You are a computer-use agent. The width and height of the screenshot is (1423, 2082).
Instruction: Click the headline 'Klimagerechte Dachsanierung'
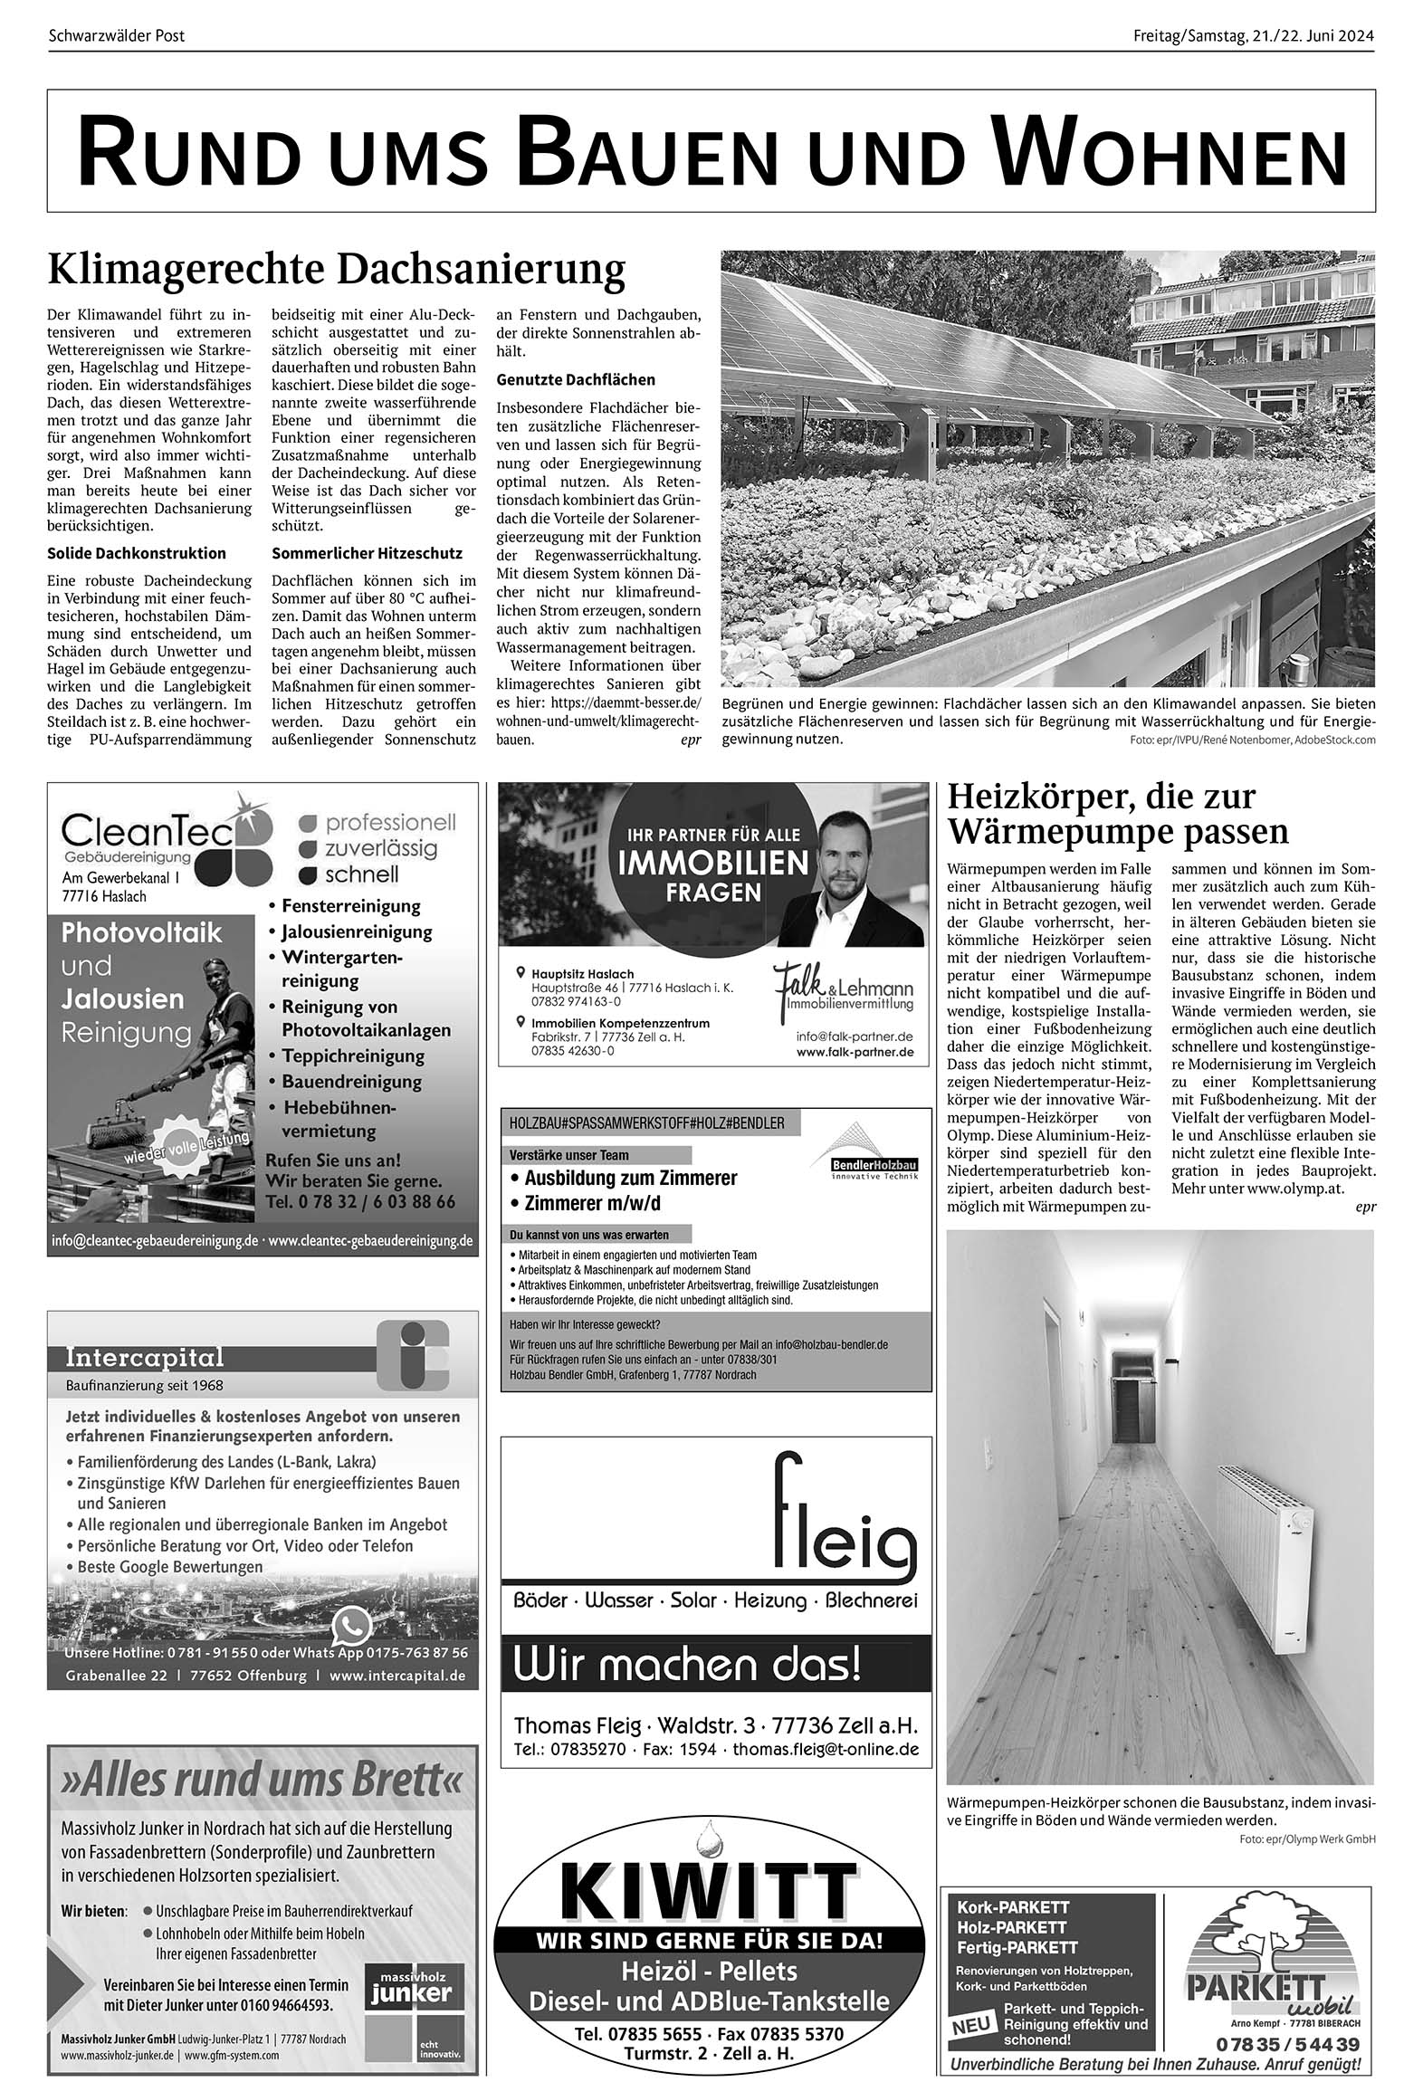coord(336,270)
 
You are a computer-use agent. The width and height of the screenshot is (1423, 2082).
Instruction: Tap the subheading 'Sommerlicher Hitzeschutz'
coord(367,553)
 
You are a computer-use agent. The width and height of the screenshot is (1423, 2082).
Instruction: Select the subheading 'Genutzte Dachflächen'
coord(576,379)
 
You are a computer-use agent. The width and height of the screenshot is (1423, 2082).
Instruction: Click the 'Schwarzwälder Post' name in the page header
coord(116,36)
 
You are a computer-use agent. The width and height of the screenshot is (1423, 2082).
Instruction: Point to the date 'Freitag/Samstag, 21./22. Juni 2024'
coord(1253,36)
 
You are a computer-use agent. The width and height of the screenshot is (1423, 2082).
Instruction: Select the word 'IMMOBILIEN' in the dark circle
coord(713,863)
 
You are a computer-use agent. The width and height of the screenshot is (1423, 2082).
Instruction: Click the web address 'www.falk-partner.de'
coord(855,1053)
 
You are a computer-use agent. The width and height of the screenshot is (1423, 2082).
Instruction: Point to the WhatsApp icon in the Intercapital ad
coord(351,1627)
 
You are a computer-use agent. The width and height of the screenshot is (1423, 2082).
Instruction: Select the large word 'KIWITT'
coord(708,1890)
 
